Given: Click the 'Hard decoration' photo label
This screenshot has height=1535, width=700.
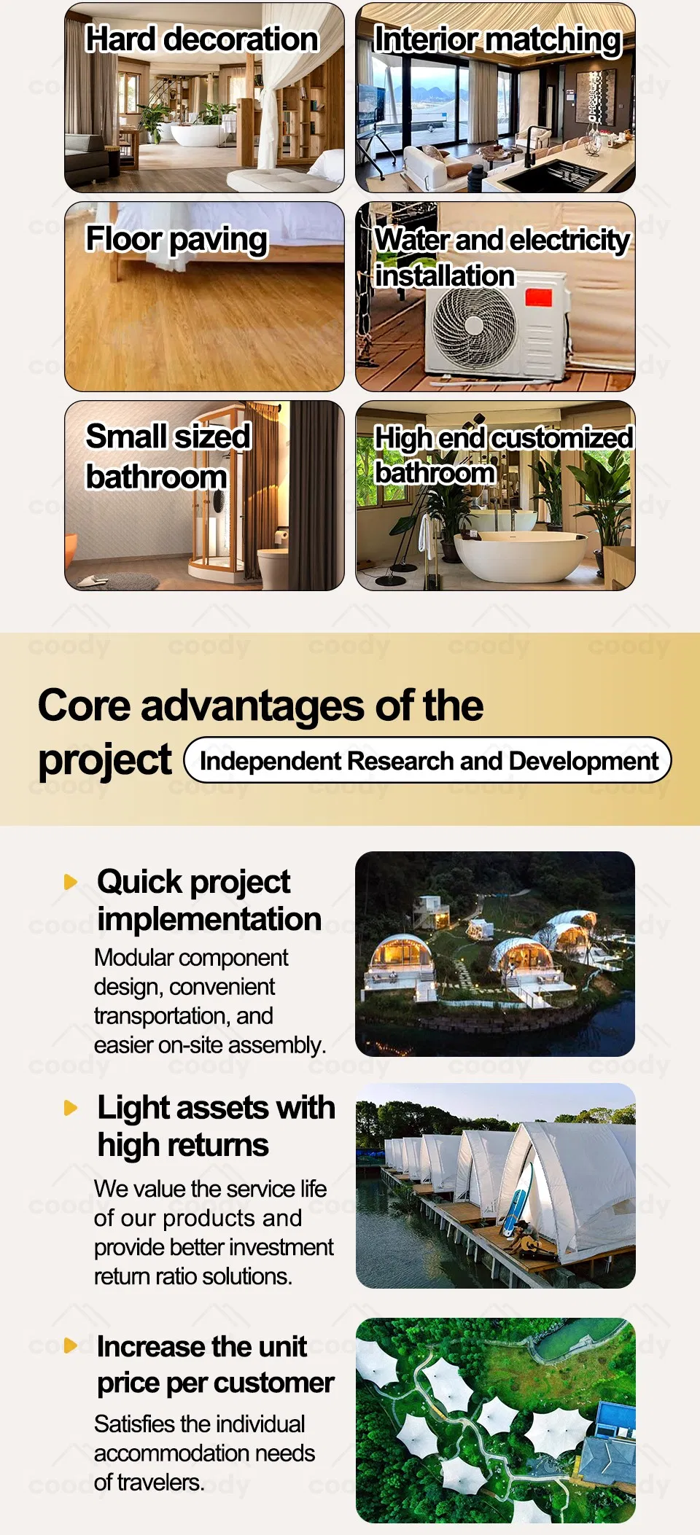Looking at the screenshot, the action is tap(202, 39).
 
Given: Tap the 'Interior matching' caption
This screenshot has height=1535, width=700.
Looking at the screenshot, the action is tap(497, 40).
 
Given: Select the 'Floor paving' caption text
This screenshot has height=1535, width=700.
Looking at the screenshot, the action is tap(176, 239).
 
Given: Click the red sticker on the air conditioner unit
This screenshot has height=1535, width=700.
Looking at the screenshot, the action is tap(538, 297).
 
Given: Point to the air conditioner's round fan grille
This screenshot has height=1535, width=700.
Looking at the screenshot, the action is tap(474, 326).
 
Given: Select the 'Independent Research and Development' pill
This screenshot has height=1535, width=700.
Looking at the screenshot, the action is tap(428, 760).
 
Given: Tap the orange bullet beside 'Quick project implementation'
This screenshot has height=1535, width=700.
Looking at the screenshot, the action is tap(71, 882).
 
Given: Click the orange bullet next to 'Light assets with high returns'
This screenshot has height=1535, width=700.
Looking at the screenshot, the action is tap(71, 1108).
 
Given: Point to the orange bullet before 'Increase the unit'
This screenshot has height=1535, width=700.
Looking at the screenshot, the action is tap(71, 1345).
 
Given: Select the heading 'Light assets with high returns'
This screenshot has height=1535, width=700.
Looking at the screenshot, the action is tap(217, 1126).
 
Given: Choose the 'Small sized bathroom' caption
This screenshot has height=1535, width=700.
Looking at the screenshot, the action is tap(168, 456).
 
